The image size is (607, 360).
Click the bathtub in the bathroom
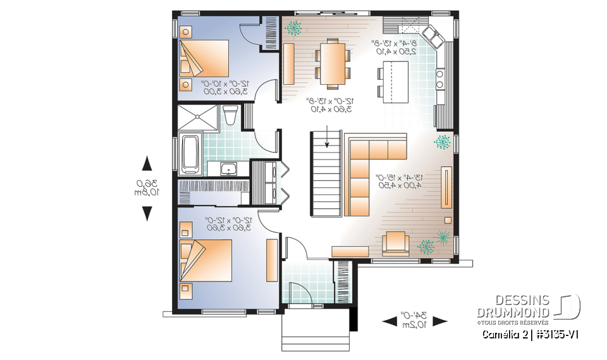(x=190, y=153)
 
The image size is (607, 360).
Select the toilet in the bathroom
(x=230, y=116)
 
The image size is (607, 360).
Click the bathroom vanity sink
(x=226, y=168)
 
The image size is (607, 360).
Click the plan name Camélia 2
(x=506, y=334)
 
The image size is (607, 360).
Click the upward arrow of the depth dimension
(x=147, y=164)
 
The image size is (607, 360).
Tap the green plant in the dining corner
(x=293, y=27)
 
